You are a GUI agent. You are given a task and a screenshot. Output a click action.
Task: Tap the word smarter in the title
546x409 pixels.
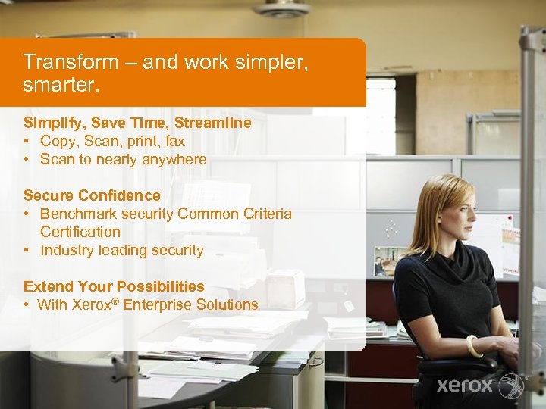(61, 86)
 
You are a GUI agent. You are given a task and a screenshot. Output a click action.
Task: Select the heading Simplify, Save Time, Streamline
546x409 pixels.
(137, 123)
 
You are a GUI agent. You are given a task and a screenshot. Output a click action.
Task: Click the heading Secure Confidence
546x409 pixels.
(92, 195)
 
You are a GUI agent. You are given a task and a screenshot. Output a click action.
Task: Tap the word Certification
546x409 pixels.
(80, 232)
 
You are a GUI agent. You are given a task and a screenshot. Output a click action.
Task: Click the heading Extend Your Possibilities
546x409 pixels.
(114, 286)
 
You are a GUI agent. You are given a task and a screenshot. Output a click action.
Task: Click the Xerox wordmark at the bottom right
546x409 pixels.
(465, 386)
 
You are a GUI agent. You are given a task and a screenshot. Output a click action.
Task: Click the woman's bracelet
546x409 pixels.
(474, 346)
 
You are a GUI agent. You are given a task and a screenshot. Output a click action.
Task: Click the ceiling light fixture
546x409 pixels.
(282, 8)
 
